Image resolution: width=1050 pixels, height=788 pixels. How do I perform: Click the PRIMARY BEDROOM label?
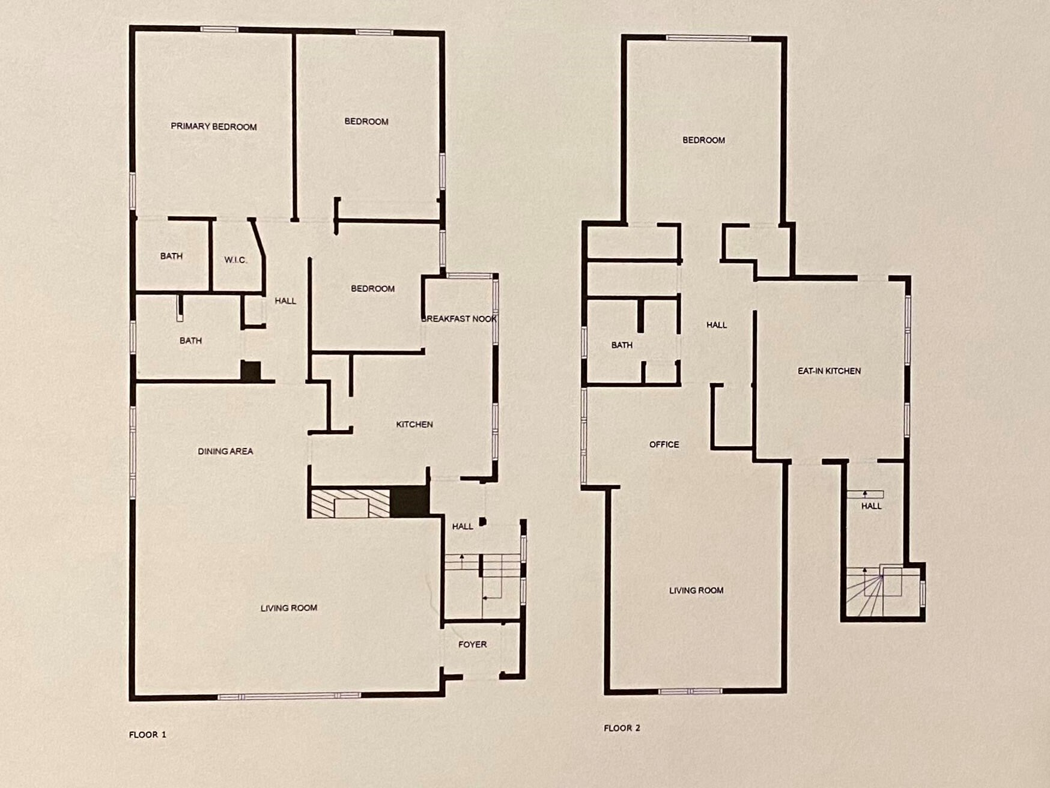click(x=214, y=127)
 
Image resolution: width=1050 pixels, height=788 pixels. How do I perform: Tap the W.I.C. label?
click(x=235, y=260)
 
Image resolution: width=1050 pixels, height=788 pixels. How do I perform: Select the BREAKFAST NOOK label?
click(x=459, y=319)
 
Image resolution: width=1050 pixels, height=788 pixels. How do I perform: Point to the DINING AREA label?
click(x=225, y=451)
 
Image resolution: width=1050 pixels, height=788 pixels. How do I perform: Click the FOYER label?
click(x=472, y=644)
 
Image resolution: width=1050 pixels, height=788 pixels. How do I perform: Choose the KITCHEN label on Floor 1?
click(x=414, y=425)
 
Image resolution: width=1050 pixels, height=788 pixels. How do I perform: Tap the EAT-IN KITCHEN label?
click(x=829, y=371)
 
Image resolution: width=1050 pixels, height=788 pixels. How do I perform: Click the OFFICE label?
click(x=664, y=444)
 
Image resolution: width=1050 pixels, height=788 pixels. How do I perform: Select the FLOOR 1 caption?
click(x=148, y=735)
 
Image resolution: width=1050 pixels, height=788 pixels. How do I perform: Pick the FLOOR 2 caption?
click(x=622, y=728)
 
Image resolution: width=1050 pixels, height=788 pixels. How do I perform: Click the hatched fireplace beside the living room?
click(x=350, y=503)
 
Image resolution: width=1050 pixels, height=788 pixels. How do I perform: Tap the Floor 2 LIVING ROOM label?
click(x=696, y=590)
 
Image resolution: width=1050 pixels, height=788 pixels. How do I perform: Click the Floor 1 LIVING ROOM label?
click(x=289, y=608)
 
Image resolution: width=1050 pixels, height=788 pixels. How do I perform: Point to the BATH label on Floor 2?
click(x=622, y=345)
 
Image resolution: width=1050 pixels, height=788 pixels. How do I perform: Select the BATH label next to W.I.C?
click(x=171, y=256)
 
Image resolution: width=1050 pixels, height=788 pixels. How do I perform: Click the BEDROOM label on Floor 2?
click(x=703, y=140)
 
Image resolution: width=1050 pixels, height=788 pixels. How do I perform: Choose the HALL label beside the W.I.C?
click(x=285, y=301)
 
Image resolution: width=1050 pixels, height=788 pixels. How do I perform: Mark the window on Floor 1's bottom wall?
click(x=289, y=696)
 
